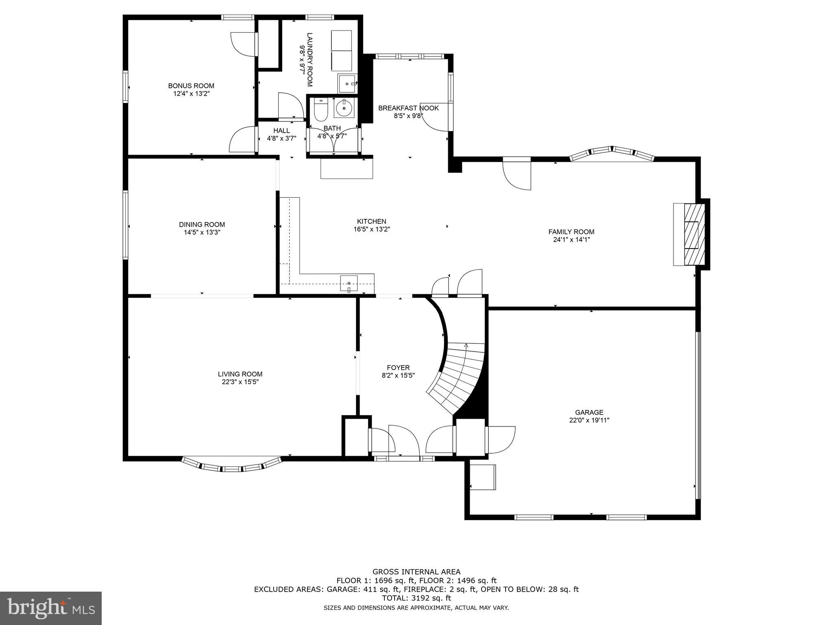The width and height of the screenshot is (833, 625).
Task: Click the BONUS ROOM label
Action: click(x=191, y=86)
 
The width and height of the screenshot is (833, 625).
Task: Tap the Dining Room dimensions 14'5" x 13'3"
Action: click(x=202, y=232)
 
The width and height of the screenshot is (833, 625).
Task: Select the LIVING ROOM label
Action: click(x=240, y=374)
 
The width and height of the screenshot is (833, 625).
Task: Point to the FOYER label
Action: click(x=398, y=368)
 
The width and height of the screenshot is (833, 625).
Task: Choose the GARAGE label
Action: click(x=589, y=413)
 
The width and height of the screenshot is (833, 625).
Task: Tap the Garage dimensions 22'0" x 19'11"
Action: click(x=589, y=420)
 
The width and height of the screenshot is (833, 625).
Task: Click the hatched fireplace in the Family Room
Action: click(x=694, y=234)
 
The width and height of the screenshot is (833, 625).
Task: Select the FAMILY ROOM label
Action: click(x=571, y=232)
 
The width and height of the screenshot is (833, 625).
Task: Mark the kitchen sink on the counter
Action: click(x=349, y=284)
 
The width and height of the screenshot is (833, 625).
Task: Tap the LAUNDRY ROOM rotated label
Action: click(x=310, y=59)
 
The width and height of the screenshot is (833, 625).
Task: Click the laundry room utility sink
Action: click(x=347, y=84)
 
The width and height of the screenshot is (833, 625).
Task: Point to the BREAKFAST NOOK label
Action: click(x=408, y=108)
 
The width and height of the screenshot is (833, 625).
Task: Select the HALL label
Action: click(x=281, y=131)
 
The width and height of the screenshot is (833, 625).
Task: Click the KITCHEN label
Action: click(x=371, y=221)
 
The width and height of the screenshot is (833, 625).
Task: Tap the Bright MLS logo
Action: click(x=51, y=608)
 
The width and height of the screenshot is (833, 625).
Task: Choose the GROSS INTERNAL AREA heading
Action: click(x=416, y=572)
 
